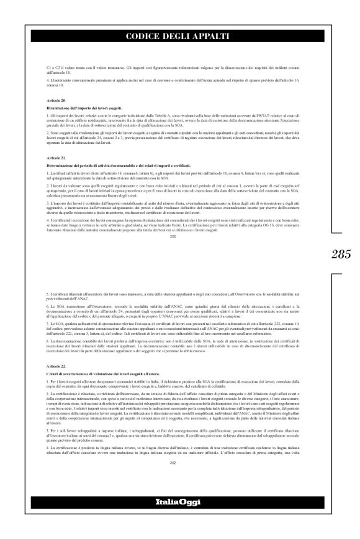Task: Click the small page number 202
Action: (180, 462)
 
